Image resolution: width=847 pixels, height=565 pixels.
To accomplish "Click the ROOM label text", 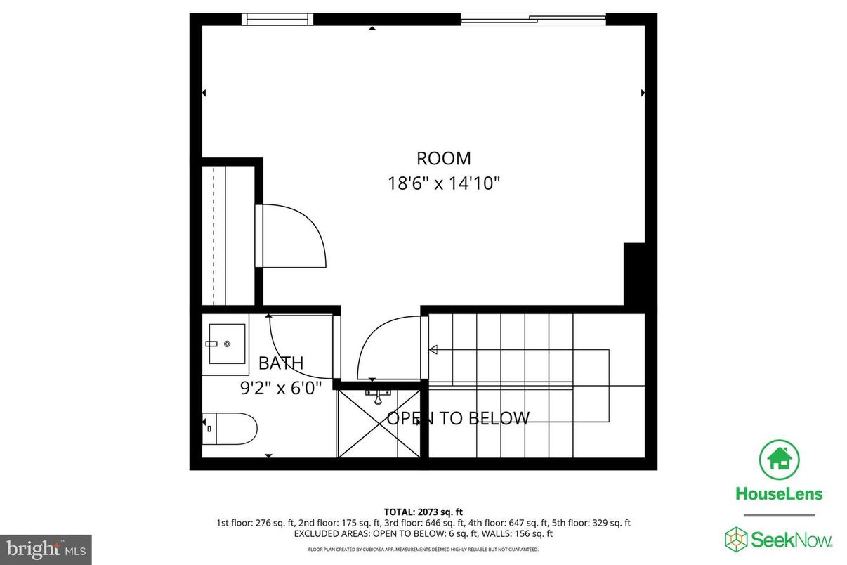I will pos(443,158).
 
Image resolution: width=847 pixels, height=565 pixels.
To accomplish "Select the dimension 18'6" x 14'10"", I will pos(443,183).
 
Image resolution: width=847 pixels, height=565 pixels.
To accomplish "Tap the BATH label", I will pos(281,363).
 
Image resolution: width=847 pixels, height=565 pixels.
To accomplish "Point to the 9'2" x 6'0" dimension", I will pos(281,387).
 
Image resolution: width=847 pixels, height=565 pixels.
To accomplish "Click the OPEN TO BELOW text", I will pos(458,419).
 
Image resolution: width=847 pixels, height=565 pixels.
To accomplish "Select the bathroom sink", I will pos(226,344).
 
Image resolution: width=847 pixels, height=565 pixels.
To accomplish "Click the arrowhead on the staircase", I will pos(433,349).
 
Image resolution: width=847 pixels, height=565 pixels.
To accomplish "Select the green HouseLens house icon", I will pos(778,459).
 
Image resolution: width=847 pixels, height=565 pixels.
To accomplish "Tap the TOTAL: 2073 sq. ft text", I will pos(423,512).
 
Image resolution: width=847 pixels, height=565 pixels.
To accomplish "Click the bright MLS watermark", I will pos(46,547).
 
